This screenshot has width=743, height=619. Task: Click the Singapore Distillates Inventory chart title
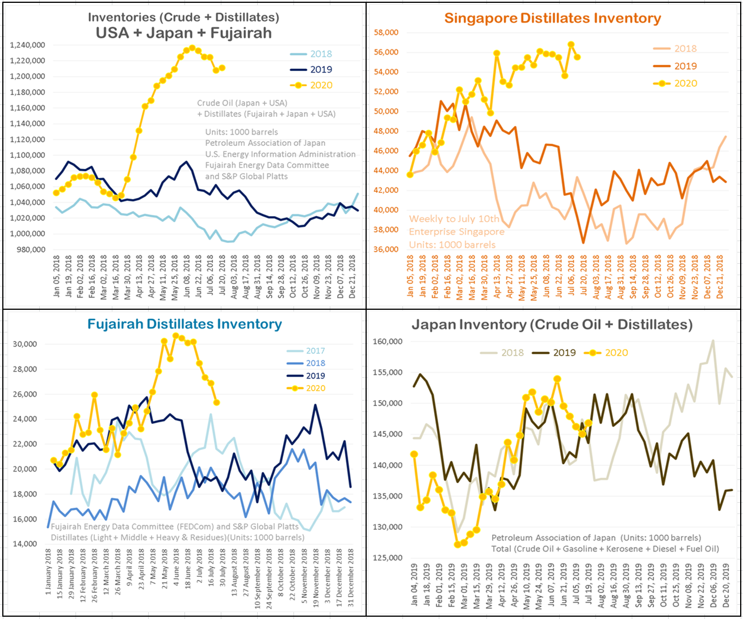[x=552, y=18]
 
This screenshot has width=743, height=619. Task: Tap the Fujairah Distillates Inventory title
[x=184, y=324]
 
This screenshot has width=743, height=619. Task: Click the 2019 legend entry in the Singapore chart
[x=685, y=66]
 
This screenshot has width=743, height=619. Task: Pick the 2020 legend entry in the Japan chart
[x=616, y=352]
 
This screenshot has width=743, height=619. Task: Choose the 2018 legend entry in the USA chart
[x=321, y=54]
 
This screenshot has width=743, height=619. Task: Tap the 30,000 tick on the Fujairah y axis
[x=24, y=344]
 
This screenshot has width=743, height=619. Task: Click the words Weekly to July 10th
[x=454, y=219]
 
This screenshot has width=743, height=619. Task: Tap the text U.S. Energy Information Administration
[x=280, y=154]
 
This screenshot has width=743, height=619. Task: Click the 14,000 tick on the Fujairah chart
[x=24, y=544]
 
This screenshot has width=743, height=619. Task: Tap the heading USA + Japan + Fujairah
[x=183, y=32]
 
